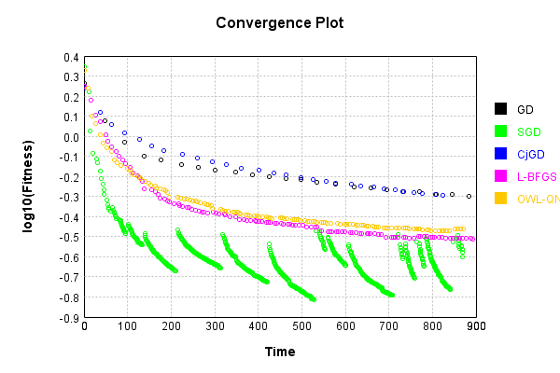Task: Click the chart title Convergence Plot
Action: pos(279,22)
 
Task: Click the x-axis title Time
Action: pos(279,352)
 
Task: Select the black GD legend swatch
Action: pos(500,109)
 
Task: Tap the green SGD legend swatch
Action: pos(500,131)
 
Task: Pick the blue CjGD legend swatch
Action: pos(500,154)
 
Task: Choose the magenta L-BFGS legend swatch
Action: pos(500,176)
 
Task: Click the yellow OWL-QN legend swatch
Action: pos(500,199)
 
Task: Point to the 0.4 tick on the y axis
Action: pos(72,57)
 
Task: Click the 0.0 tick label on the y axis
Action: pos(72,137)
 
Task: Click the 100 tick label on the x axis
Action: pos(128,327)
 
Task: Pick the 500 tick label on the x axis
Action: pos(301,327)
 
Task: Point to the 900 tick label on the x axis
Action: pos(475,327)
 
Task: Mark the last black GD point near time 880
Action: pos(469,197)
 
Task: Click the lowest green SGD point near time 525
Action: pos(314,299)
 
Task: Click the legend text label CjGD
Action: pos(530,154)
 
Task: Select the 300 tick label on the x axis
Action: pos(215,327)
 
